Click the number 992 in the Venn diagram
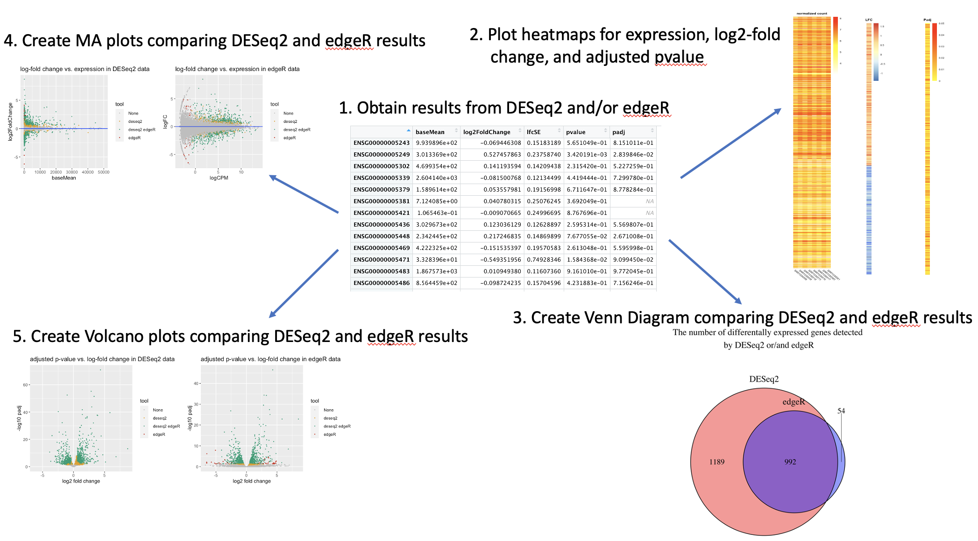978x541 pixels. click(790, 462)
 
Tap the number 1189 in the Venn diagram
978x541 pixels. click(716, 462)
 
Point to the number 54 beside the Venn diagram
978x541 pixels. click(841, 411)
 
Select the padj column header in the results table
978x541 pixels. click(618, 132)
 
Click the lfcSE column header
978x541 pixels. click(533, 132)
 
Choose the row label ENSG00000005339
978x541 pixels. click(381, 178)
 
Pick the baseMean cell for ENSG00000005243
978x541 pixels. click(437, 143)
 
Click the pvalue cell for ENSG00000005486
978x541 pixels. click(587, 283)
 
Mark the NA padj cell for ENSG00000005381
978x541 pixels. click(649, 201)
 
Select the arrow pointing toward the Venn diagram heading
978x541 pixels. click(705, 271)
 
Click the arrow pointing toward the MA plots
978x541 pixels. click(304, 194)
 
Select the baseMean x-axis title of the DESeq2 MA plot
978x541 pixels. click(64, 178)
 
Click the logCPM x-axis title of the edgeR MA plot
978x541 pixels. click(219, 178)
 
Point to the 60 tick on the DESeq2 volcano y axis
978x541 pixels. click(25, 385)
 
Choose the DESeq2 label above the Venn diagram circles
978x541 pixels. click(764, 379)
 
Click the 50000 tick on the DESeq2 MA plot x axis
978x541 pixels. click(103, 172)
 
